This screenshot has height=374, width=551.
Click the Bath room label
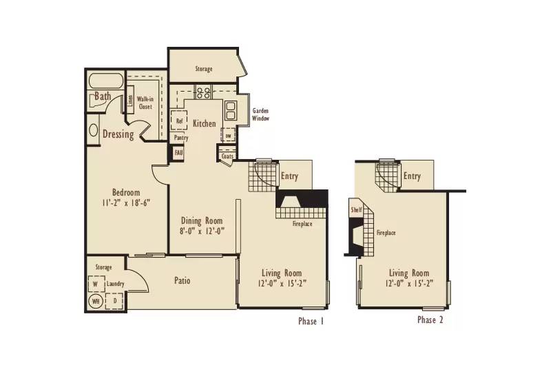[103, 97]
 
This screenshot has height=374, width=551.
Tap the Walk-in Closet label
[145, 103]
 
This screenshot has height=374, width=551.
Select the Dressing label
[118, 134]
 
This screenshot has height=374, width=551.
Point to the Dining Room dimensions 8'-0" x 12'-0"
[202, 231]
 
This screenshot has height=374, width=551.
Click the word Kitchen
[204, 124]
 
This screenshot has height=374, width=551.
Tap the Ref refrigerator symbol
[180, 121]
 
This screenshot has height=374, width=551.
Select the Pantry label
[181, 138]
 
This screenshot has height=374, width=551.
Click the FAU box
[178, 152]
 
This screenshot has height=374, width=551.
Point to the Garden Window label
[260, 114]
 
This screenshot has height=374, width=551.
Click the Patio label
[182, 281]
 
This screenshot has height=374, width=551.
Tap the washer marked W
[95, 284]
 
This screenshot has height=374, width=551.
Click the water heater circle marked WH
[95, 300]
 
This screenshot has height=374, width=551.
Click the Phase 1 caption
[311, 321]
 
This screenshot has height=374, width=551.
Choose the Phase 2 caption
[430, 320]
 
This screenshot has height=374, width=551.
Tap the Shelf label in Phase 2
[356, 210]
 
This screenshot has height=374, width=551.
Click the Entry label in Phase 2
[412, 176]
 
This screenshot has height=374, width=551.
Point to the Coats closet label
[228, 156]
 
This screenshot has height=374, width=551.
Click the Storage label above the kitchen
[203, 69]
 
